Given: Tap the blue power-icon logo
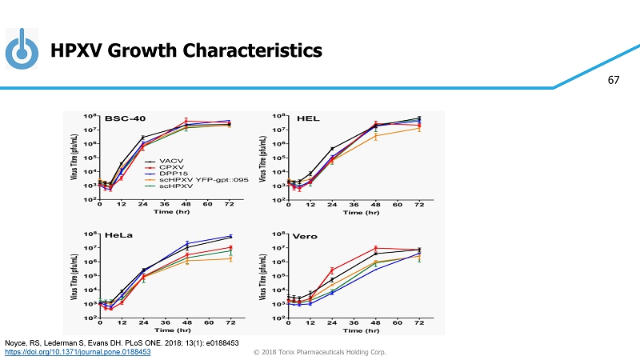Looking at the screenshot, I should coord(22,50).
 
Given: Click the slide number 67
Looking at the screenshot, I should coord(614,81).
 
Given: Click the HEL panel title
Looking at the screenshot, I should coord(308,118).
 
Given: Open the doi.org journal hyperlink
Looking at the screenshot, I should coord(78,352).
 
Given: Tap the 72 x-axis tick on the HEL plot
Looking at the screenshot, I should coord(418,205).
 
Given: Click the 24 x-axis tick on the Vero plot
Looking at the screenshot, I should coord(332,322).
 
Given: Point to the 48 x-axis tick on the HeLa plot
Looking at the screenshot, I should coord(187,322).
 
